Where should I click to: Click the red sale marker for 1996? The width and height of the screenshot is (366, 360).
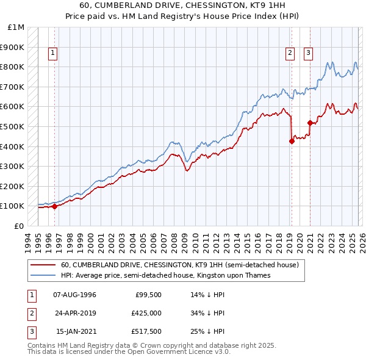point(54,206)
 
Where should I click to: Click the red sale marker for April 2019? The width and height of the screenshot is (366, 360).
point(292,142)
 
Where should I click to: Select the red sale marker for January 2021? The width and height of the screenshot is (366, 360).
point(310,123)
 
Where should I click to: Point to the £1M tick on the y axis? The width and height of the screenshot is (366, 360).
point(16,27)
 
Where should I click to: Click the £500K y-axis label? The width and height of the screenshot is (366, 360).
point(13,126)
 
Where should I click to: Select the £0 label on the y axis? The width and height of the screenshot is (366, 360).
point(18,226)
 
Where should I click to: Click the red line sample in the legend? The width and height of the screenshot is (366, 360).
point(43,265)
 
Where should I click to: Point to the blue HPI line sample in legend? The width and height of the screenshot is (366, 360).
point(43,276)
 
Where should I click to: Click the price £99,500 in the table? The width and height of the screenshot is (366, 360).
point(148,295)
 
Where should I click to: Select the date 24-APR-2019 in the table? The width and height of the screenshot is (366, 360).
point(75,313)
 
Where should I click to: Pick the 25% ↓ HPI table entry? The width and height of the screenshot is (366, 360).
point(207,331)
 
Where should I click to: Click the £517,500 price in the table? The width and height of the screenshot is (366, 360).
point(146,331)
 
